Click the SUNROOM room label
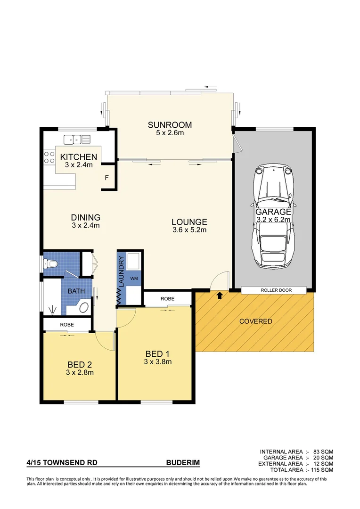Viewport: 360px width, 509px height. [170, 125]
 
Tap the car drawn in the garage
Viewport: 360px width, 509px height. [273, 217]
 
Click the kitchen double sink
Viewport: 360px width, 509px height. [77, 139]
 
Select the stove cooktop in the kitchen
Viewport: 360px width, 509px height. [49, 156]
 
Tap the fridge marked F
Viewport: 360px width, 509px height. [106, 179]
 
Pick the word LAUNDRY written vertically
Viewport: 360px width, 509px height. [121, 272]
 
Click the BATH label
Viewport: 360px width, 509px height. [76, 291]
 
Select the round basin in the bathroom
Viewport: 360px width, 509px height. [83, 308]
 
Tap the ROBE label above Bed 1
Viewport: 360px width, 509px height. [167, 299]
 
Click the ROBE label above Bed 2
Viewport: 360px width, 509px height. [66, 325]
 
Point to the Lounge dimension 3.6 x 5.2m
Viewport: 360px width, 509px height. [189, 230]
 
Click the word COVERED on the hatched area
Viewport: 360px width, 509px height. [255, 321]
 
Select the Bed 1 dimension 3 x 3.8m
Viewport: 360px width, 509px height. [158, 362]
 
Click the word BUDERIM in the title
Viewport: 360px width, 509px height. [183, 463]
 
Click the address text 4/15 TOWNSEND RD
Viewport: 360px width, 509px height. [62, 463]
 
